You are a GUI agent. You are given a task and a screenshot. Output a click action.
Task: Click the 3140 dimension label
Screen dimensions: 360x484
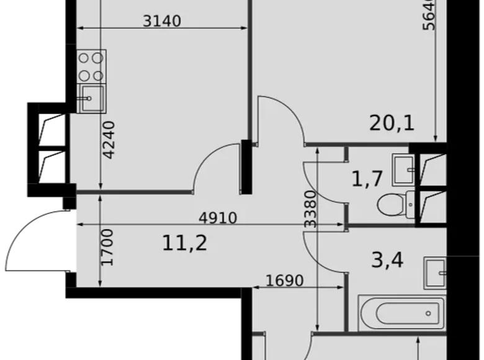[161, 21]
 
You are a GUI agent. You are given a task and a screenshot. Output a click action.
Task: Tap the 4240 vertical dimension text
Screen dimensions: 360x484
[109, 140]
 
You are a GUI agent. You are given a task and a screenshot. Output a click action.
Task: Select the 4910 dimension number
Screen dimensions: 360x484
[218, 218]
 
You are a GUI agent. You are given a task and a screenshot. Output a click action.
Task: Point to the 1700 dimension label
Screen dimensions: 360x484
[107, 247]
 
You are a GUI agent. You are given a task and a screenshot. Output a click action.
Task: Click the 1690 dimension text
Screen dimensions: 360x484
[285, 281]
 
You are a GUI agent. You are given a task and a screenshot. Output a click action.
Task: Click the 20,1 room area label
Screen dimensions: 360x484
[392, 124]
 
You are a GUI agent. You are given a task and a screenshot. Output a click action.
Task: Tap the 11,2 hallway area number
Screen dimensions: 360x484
[185, 242]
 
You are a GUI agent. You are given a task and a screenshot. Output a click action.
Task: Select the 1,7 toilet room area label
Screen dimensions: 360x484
[366, 179]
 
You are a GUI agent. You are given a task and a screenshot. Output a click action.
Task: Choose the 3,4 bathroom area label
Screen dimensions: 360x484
[387, 259]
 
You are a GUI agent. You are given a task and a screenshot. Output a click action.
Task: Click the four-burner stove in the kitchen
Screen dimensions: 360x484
[91, 67]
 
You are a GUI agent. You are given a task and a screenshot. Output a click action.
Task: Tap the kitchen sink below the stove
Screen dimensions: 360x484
[91, 98]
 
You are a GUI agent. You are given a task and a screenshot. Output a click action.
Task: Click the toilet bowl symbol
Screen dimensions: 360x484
[394, 203]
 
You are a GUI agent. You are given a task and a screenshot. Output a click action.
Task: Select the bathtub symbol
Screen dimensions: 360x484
[401, 313]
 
